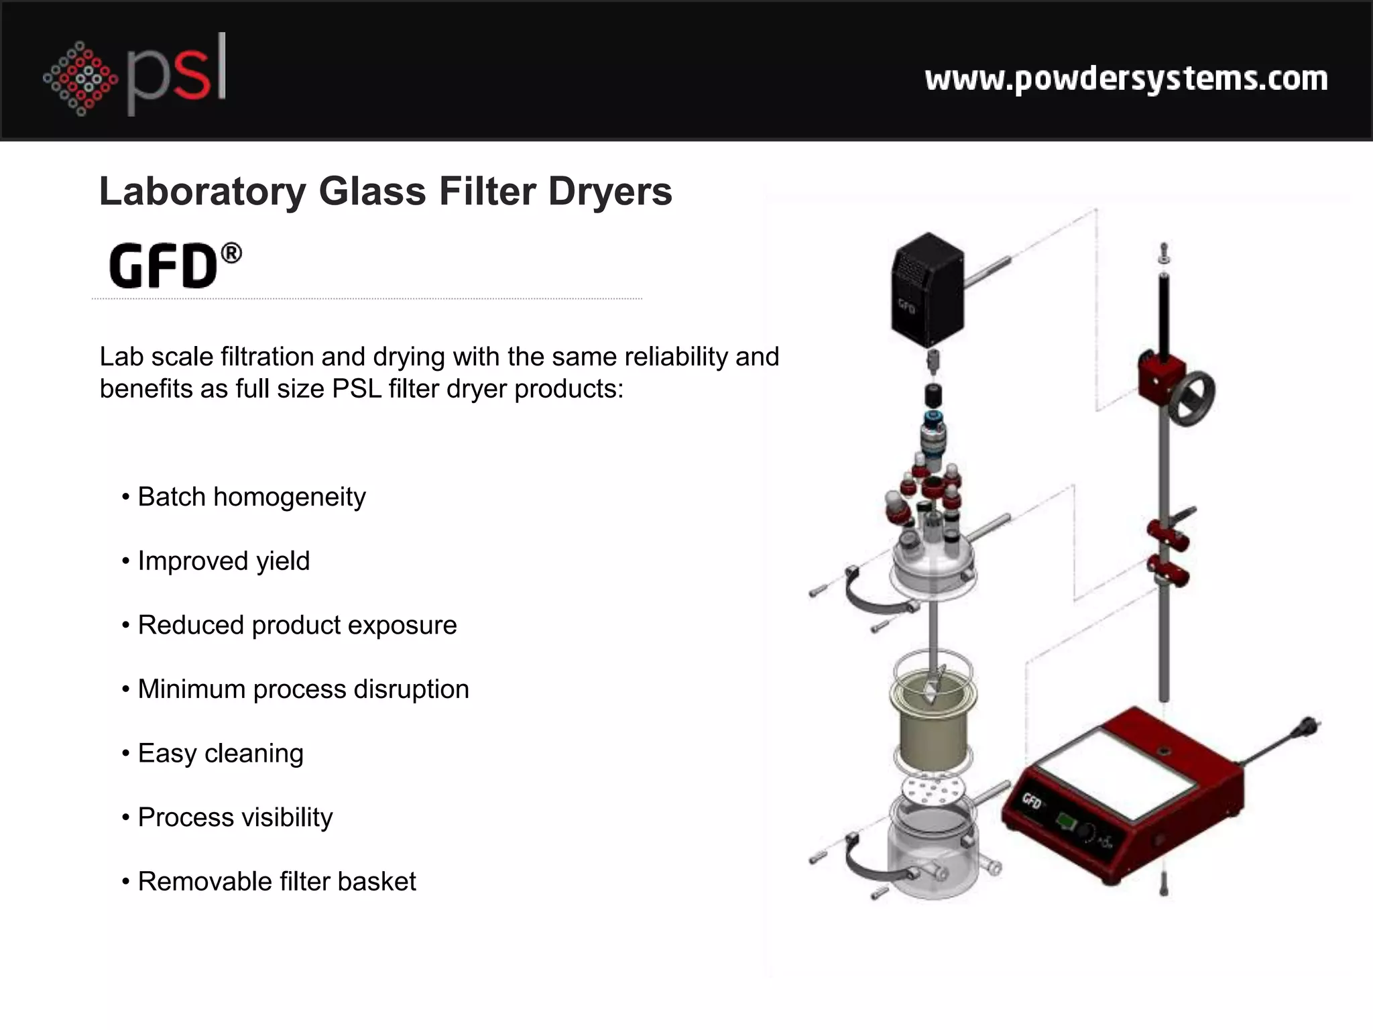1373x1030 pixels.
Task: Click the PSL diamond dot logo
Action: point(80,78)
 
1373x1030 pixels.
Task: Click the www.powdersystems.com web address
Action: point(1126,79)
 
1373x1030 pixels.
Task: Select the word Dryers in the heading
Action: point(609,192)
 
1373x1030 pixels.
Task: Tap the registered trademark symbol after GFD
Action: point(231,253)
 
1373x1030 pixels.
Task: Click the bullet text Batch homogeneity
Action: point(251,497)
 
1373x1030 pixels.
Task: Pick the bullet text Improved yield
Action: point(223,561)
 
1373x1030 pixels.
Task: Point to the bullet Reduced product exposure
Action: point(297,625)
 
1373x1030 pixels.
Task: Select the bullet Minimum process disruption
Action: point(303,689)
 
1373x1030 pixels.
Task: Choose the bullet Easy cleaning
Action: point(221,754)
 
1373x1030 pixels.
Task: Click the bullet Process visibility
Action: point(235,817)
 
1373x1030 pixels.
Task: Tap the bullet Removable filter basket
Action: point(276,882)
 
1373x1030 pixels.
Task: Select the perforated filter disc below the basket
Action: point(933,789)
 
